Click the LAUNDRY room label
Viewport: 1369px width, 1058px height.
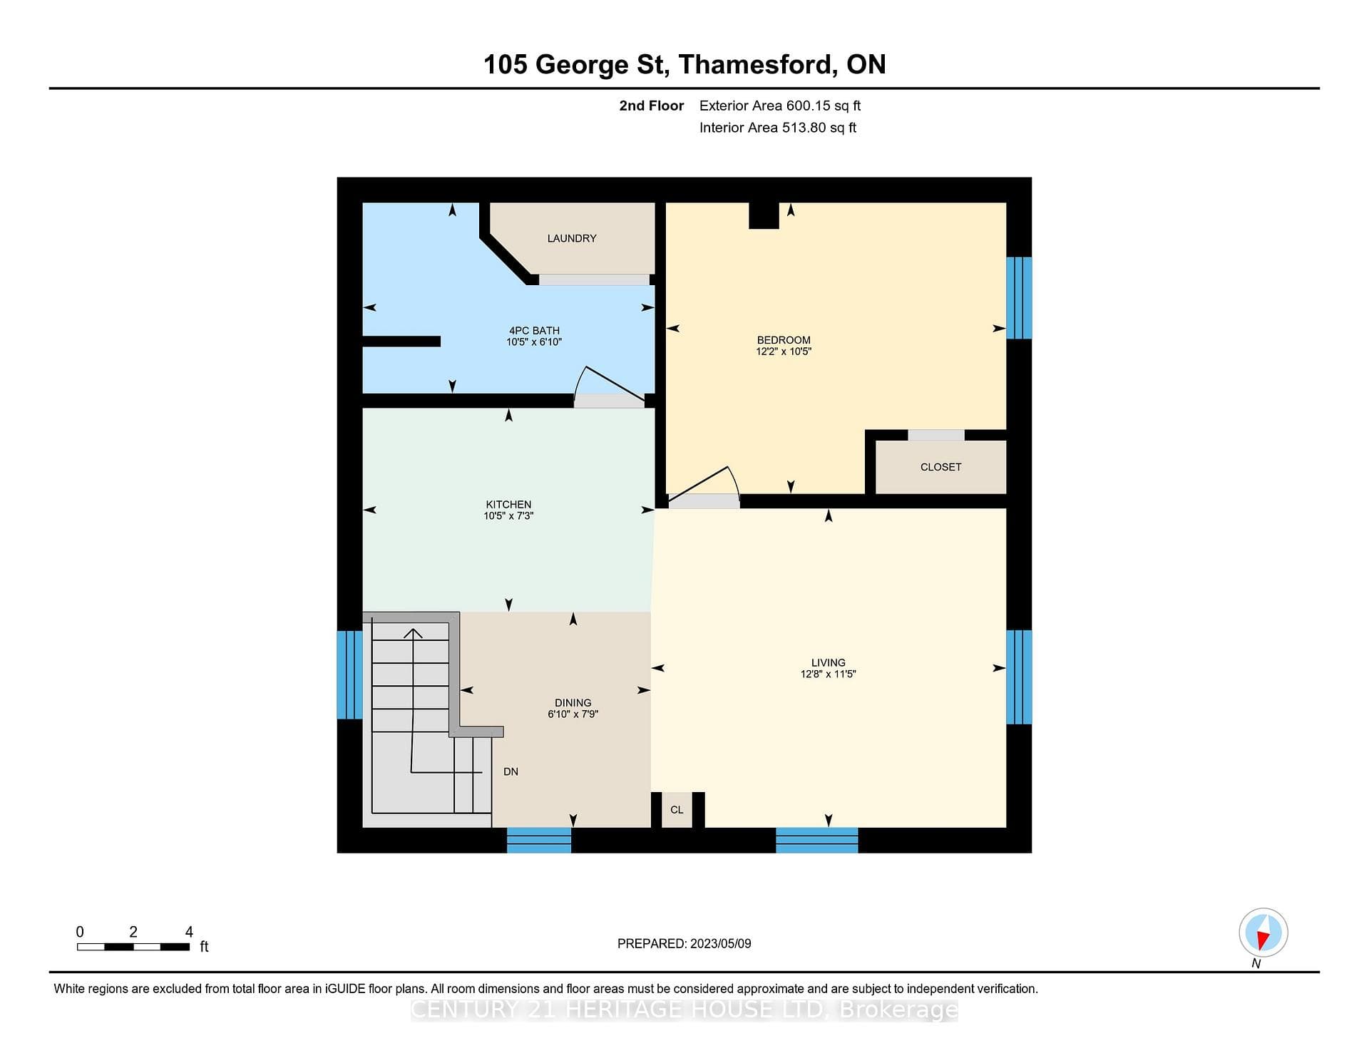tap(572, 238)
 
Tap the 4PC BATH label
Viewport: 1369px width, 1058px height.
tap(534, 331)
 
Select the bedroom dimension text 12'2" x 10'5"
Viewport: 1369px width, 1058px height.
tap(784, 351)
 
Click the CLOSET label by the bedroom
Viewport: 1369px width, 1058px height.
tap(940, 467)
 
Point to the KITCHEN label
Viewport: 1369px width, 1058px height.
tap(508, 505)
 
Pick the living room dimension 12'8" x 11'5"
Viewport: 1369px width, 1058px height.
tap(828, 674)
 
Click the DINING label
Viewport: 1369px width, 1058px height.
tap(573, 703)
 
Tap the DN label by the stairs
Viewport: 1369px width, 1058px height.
tap(511, 771)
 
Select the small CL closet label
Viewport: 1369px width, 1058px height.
tap(677, 810)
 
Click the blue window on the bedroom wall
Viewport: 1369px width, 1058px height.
tap(1019, 298)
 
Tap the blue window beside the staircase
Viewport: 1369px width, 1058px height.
tap(349, 674)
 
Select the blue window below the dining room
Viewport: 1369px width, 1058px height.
tap(539, 841)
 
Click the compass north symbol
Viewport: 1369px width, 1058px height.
tap(1263, 933)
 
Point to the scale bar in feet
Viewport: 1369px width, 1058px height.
tap(133, 947)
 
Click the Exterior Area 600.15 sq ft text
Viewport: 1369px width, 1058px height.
tap(780, 106)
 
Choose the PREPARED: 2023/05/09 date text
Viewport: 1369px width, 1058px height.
tap(684, 943)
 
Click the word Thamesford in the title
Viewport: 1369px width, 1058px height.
tap(757, 64)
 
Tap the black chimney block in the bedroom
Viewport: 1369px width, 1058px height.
tap(764, 216)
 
